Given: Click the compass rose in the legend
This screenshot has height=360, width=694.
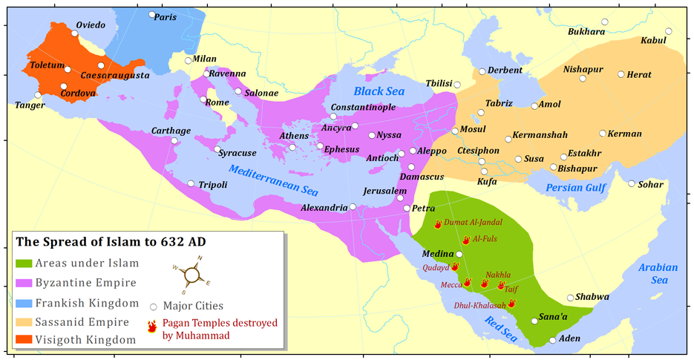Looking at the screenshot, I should pyautogui.click(x=191, y=274).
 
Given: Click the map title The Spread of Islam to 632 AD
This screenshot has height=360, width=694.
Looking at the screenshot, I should pyautogui.click(x=111, y=242).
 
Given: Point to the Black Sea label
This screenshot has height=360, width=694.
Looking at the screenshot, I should pyautogui.click(x=379, y=91).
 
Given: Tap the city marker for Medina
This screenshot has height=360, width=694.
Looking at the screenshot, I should pyautogui.click(x=459, y=254).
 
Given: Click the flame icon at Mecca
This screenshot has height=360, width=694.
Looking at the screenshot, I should pyautogui.click(x=468, y=283).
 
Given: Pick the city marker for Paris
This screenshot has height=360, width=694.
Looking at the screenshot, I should pyautogui.click(x=151, y=14).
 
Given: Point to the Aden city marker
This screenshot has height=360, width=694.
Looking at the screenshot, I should pyautogui.click(x=552, y=341).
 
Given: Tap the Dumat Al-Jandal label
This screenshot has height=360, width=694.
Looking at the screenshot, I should pyautogui.click(x=473, y=222).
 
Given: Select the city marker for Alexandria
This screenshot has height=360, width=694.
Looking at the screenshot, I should pyautogui.click(x=353, y=206).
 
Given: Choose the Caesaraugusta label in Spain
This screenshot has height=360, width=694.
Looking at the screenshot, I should pyautogui.click(x=114, y=76).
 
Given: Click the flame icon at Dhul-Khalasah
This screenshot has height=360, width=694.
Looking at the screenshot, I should pyautogui.click(x=511, y=303).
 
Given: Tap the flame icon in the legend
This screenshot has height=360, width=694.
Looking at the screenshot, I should pyautogui.click(x=153, y=326).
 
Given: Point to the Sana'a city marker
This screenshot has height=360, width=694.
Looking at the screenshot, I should pyautogui.click(x=534, y=321).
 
